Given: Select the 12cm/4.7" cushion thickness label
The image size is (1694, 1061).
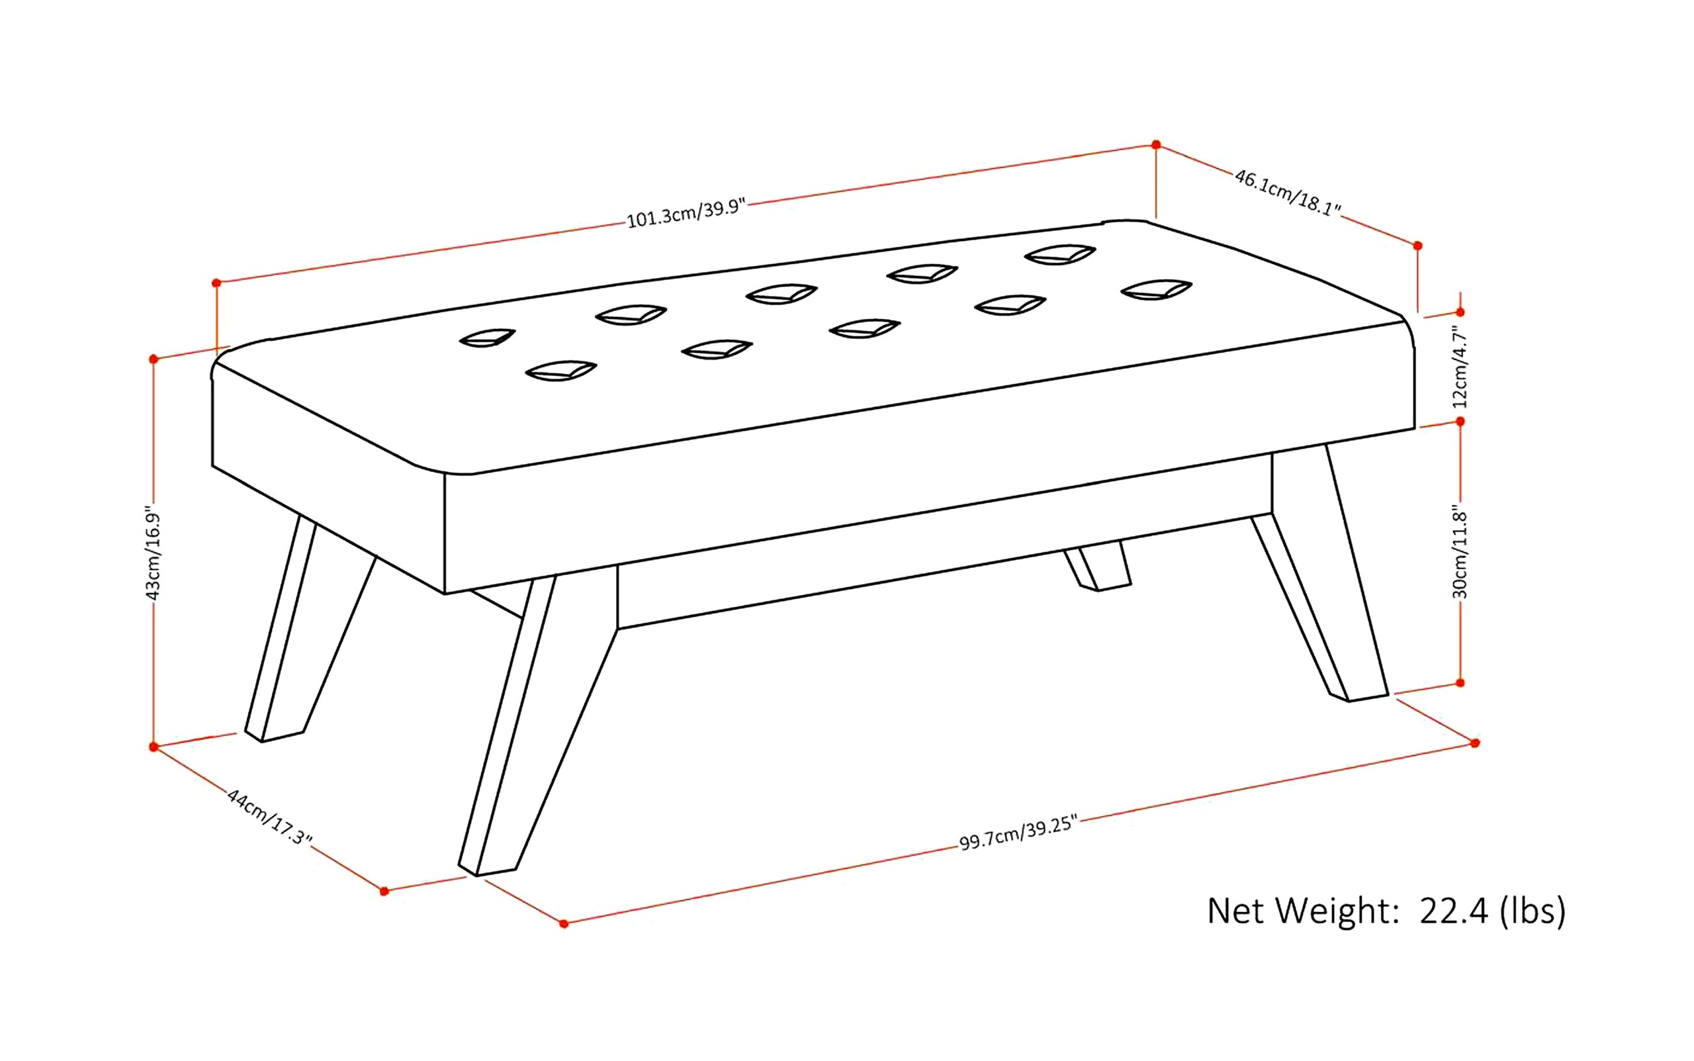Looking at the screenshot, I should [x=1460, y=367].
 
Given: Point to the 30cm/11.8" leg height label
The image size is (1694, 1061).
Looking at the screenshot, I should [x=1460, y=555].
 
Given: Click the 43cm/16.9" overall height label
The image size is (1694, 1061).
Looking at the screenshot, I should [x=153, y=552].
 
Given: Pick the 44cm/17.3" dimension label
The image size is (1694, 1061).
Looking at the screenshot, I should [x=269, y=817].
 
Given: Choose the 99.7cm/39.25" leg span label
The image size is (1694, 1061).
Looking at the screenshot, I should [x=1017, y=833].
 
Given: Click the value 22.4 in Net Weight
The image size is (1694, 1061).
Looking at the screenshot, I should [x=1453, y=911].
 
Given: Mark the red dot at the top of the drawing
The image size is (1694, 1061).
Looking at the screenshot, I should [x=1156, y=144].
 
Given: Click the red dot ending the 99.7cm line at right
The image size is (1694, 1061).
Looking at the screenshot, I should [x=1475, y=743].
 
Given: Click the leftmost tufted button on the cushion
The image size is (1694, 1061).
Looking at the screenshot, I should [x=487, y=338].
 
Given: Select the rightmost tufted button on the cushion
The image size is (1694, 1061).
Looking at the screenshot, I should [x=1156, y=289].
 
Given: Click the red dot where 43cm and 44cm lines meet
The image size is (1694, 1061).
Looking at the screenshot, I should [x=154, y=747].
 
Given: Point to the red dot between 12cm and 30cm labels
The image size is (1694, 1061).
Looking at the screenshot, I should [x=1460, y=422].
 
